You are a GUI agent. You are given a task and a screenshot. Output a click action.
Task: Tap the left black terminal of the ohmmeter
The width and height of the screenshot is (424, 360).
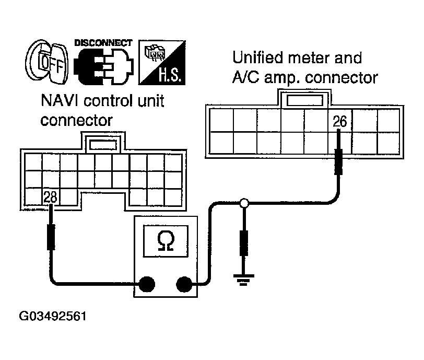click(148, 285)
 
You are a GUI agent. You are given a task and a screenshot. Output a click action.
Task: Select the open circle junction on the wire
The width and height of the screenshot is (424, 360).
click(243, 204)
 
